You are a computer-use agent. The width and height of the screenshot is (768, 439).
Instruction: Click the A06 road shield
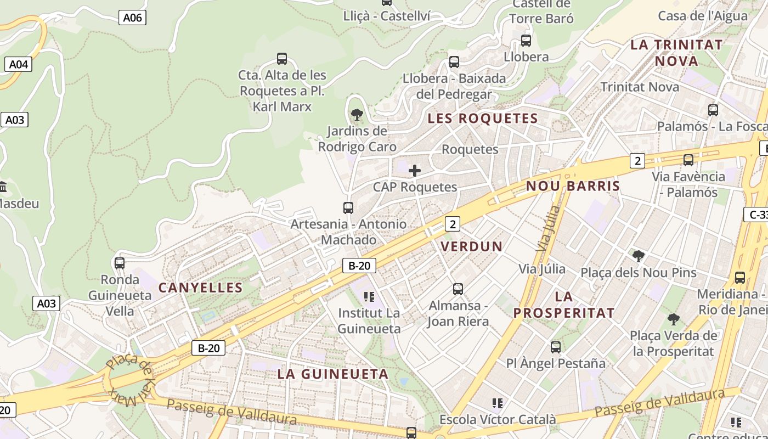click(x=132, y=18)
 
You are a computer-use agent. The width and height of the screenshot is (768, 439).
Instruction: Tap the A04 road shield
click(x=19, y=64)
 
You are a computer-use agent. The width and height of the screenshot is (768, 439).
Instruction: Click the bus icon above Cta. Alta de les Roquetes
click(x=282, y=59)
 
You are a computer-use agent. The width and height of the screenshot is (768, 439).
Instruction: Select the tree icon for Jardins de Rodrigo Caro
click(x=357, y=115)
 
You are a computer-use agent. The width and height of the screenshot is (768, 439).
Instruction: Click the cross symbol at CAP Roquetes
click(x=415, y=171)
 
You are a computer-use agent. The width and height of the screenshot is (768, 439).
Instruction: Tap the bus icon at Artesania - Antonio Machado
click(x=348, y=208)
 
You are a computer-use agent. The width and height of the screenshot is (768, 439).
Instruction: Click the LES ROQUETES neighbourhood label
click(x=483, y=119)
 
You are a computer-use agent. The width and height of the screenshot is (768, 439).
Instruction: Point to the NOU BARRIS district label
click(x=573, y=186)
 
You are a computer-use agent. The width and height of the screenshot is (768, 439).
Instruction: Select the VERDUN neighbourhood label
click(x=472, y=246)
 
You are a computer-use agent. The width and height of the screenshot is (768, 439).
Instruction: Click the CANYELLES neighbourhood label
click(x=201, y=288)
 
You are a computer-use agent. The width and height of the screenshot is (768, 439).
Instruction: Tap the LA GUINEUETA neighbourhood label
click(x=333, y=374)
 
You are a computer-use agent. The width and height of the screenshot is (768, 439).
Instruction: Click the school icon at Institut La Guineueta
click(x=369, y=297)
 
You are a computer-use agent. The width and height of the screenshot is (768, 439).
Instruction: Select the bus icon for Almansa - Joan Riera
click(x=458, y=289)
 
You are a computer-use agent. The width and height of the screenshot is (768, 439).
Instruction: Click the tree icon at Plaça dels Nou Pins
click(x=638, y=256)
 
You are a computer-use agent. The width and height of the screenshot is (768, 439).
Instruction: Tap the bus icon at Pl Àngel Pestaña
click(x=556, y=347)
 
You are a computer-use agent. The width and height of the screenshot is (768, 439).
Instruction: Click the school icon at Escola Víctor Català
click(x=498, y=403)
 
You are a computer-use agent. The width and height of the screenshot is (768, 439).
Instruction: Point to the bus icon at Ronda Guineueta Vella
click(x=120, y=263)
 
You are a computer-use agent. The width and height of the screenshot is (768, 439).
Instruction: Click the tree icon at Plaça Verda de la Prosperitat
click(x=674, y=319)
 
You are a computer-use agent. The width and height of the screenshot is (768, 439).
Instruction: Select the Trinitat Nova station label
click(x=640, y=87)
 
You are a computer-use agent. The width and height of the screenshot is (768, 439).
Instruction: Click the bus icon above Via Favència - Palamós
click(x=688, y=160)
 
